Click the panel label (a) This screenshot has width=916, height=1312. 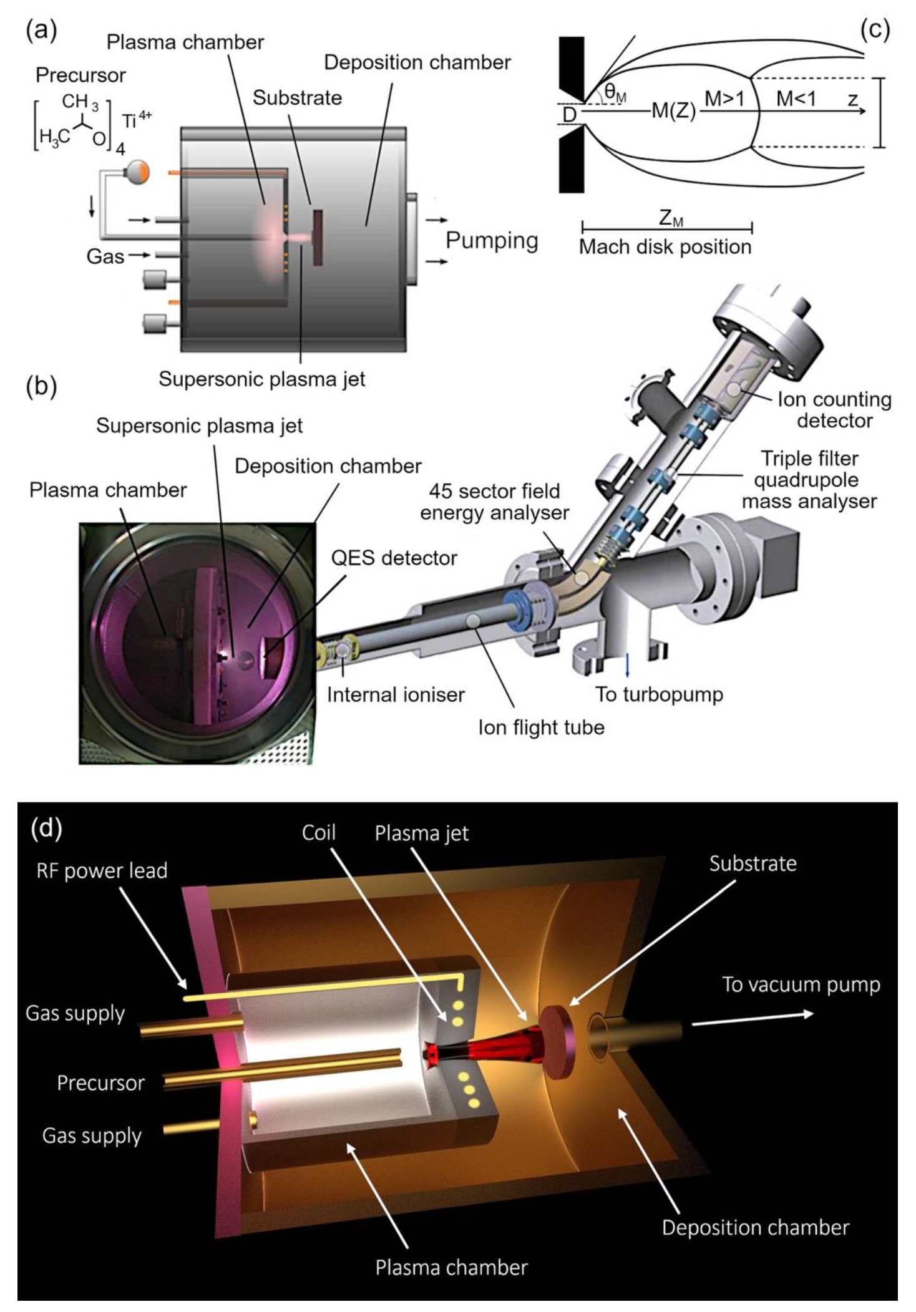click(x=41, y=30)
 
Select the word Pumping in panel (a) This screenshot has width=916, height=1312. click(x=492, y=240)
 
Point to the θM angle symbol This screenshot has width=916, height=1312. click(x=615, y=94)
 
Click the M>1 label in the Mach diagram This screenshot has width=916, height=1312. click(x=724, y=99)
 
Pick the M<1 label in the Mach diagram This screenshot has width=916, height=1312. click(x=796, y=99)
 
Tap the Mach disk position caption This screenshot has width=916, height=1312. click(x=665, y=247)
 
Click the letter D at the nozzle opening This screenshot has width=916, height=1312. click(x=569, y=115)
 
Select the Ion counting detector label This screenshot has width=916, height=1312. click(x=834, y=410)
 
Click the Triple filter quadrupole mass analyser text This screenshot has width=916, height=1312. click(x=809, y=480)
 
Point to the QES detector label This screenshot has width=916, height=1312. click(x=394, y=558)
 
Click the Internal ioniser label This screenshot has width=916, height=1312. click(x=396, y=695)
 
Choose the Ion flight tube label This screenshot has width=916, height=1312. click(x=541, y=727)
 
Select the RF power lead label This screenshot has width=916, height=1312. click(x=102, y=870)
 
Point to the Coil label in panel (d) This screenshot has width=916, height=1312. click(x=318, y=833)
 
